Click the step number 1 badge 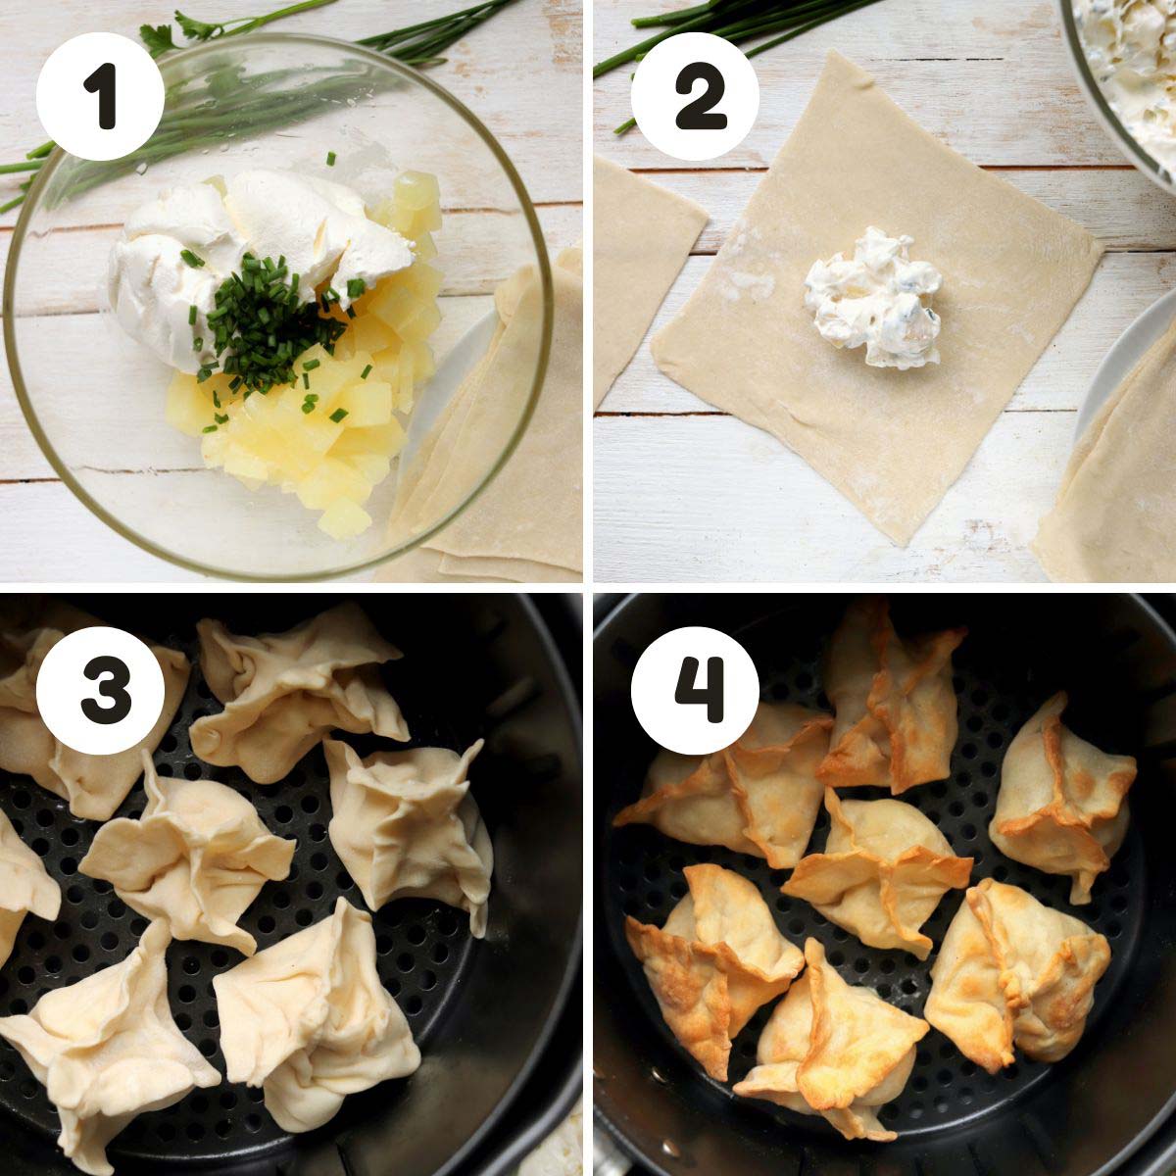click(100, 96)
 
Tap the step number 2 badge click(695, 96)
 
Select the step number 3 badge click(100, 691)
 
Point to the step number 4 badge click(695, 691)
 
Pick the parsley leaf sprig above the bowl click(177, 33)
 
